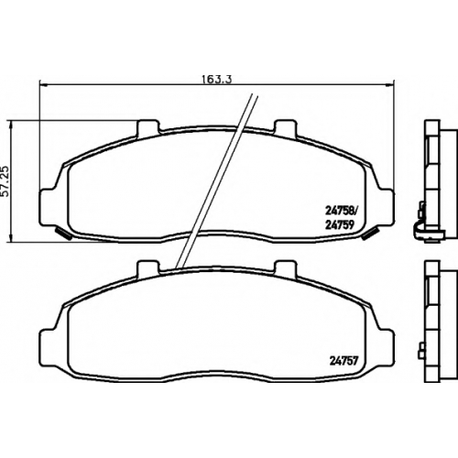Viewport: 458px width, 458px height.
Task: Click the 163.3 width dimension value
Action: point(217,79)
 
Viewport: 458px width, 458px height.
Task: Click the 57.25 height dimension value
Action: point(6,182)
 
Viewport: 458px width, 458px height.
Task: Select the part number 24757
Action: point(343,362)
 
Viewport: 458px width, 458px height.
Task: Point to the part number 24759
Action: point(340,225)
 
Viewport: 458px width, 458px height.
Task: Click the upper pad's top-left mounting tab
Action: point(148,127)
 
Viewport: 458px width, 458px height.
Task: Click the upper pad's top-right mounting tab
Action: point(285,127)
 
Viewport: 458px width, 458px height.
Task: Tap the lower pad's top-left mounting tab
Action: point(148,267)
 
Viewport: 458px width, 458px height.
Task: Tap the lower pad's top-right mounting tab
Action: point(285,267)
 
